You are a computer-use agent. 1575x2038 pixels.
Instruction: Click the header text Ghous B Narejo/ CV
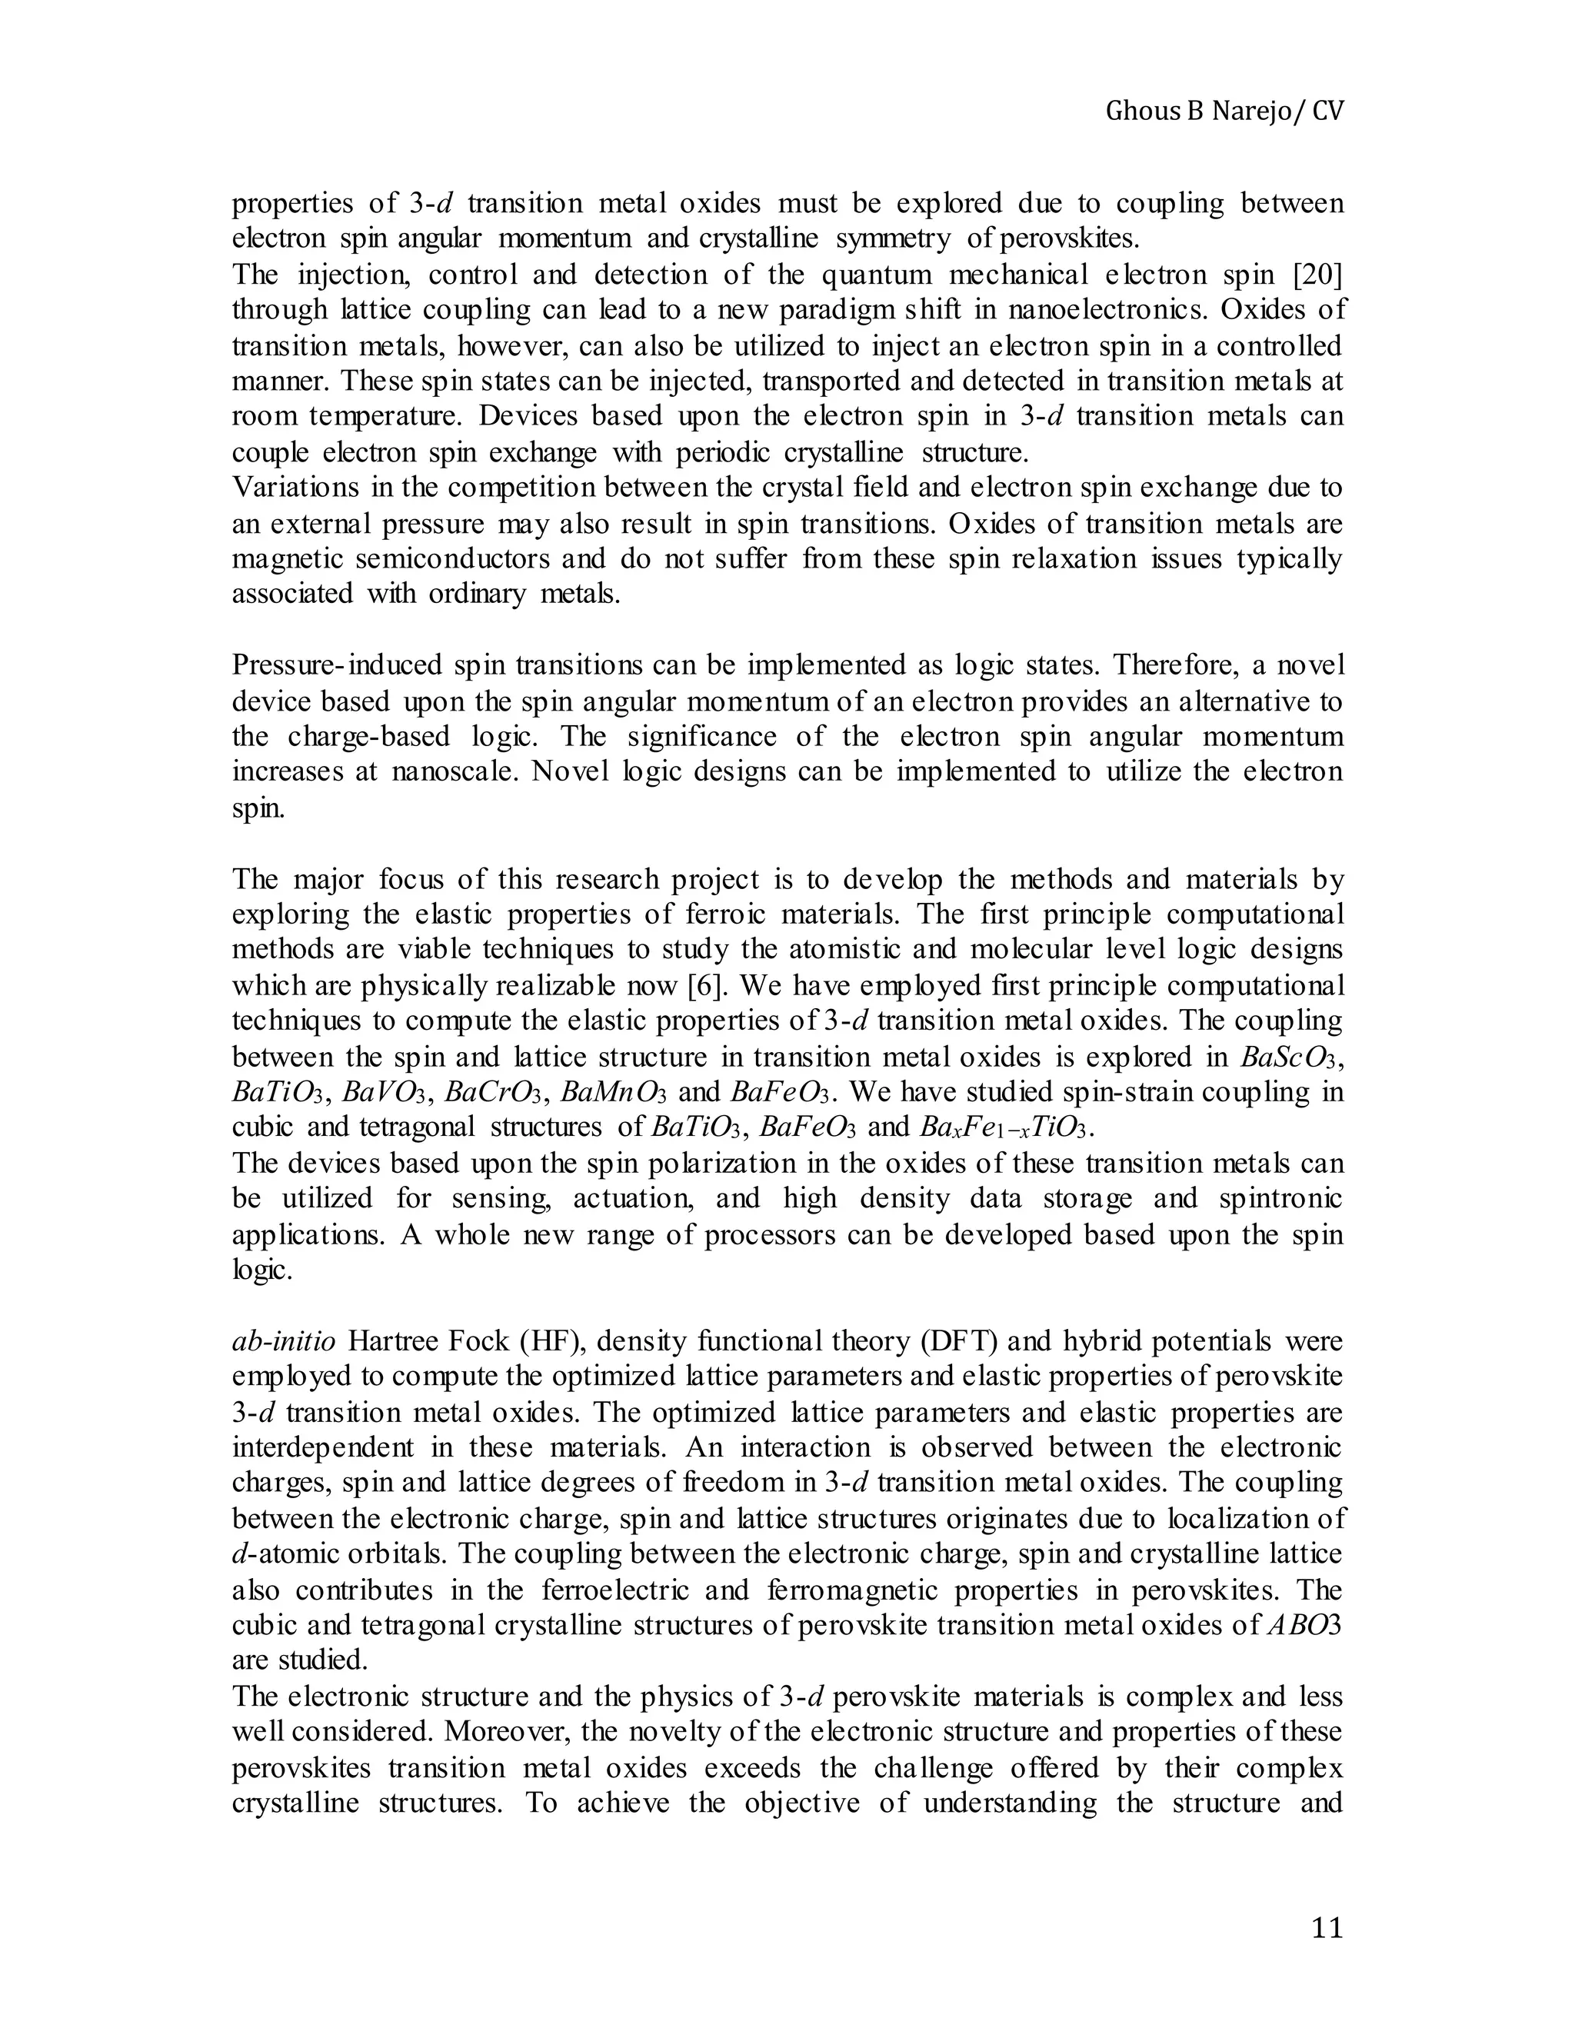(x=1224, y=112)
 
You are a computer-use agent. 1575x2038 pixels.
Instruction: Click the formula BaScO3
(x=1290, y=1057)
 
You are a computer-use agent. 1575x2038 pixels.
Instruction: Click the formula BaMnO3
(x=614, y=1093)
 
